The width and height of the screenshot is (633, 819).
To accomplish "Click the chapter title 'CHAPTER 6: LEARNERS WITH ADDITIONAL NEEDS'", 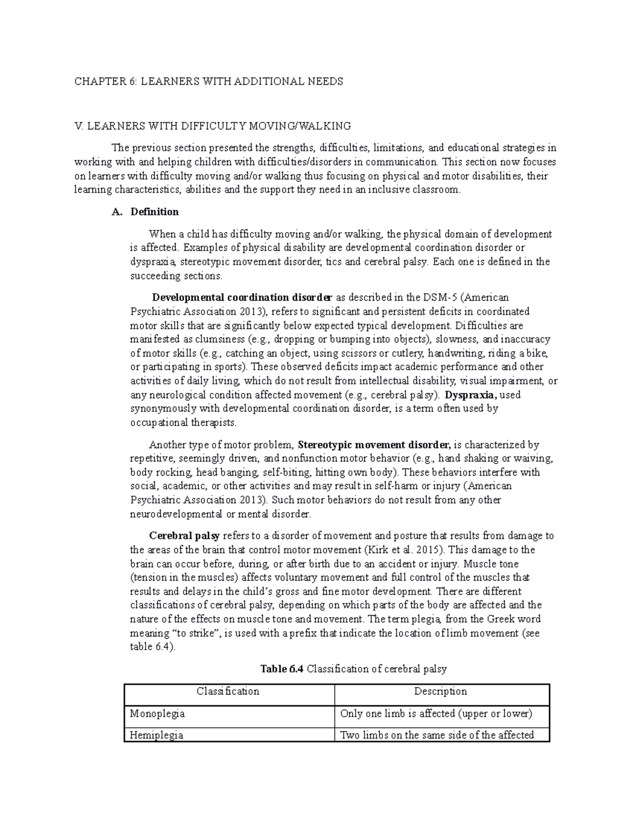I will (208, 81).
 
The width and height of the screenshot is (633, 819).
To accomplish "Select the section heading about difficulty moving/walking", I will (213, 126).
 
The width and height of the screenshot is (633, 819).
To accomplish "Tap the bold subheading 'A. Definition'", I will (146, 212).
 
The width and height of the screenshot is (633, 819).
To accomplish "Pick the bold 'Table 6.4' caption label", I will (282, 669).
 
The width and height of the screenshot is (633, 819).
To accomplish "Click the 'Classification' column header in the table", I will (228, 691).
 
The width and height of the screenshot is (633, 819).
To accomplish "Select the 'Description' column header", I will (440, 691).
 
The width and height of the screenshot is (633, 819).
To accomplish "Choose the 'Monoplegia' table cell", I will (157, 714).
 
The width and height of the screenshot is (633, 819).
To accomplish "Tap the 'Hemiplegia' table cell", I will (156, 735).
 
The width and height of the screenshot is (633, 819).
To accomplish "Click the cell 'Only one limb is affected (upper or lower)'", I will (436, 714).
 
